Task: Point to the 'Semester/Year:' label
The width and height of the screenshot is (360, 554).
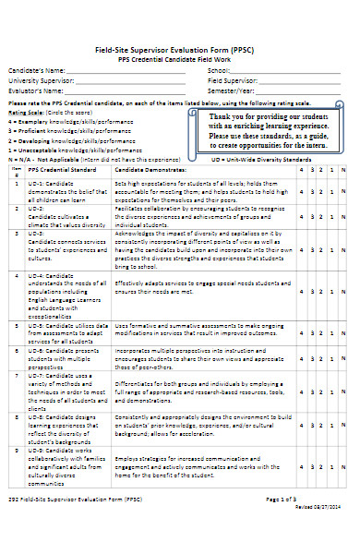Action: (x=231, y=90)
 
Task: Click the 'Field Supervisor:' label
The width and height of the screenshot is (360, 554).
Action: (x=232, y=80)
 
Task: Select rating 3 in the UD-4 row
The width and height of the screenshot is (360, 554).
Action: (x=312, y=285)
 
